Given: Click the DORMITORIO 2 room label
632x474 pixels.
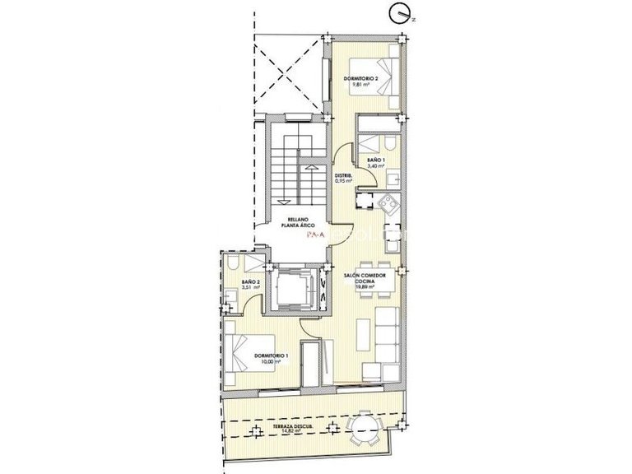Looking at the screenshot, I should point(360,81).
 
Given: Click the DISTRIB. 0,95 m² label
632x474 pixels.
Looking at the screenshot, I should point(343,178).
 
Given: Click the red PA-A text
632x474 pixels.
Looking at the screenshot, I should point(314,235).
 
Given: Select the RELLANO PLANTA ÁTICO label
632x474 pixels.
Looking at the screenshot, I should point(293,222).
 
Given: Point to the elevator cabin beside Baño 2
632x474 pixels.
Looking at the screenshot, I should point(290,289).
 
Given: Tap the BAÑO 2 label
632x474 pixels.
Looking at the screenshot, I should point(250,285).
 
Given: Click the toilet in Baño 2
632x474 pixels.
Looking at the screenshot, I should point(234,263).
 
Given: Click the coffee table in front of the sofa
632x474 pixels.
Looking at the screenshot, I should point(363,334).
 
